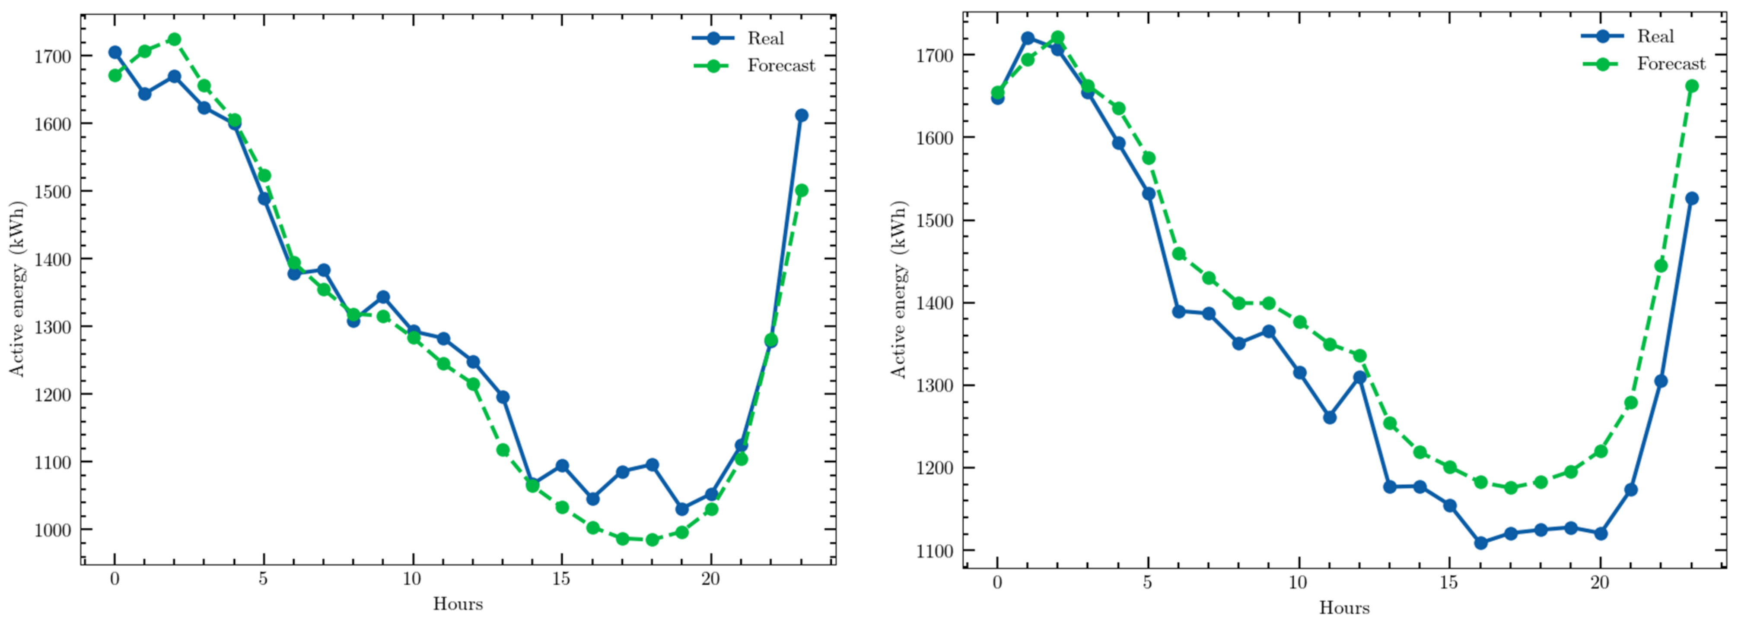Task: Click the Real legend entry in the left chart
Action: (764, 38)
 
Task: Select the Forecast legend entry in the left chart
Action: (780, 66)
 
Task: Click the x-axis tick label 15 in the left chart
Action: (560, 580)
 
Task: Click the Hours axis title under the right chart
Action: (1344, 608)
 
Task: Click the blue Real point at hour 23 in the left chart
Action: (801, 115)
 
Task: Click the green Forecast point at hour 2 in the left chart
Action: (174, 39)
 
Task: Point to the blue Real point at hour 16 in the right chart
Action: (1480, 543)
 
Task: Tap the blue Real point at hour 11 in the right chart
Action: (1329, 417)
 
